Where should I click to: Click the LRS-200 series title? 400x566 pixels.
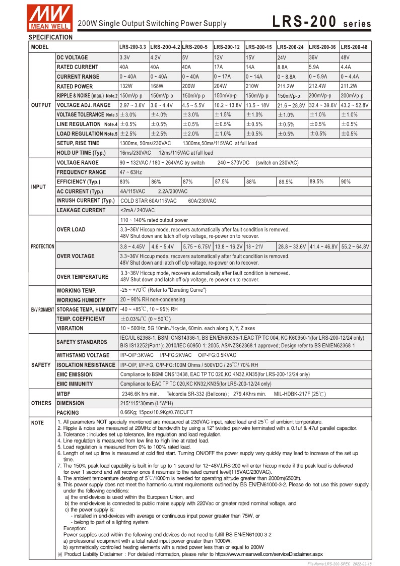tap(322, 22)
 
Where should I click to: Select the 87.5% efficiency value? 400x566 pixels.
tap(222, 182)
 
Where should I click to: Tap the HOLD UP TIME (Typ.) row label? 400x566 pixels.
tap(81, 153)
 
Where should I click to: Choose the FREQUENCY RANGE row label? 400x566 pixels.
tap(81, 172)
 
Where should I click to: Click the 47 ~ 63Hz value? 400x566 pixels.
tap(129, 172)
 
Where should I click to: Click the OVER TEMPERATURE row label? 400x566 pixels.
tap(82, 277)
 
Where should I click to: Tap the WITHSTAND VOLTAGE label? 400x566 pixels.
tap(83, 355)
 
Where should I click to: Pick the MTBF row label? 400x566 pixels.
tap(63, 394)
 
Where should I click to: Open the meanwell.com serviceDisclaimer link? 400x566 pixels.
tap(269, 553)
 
